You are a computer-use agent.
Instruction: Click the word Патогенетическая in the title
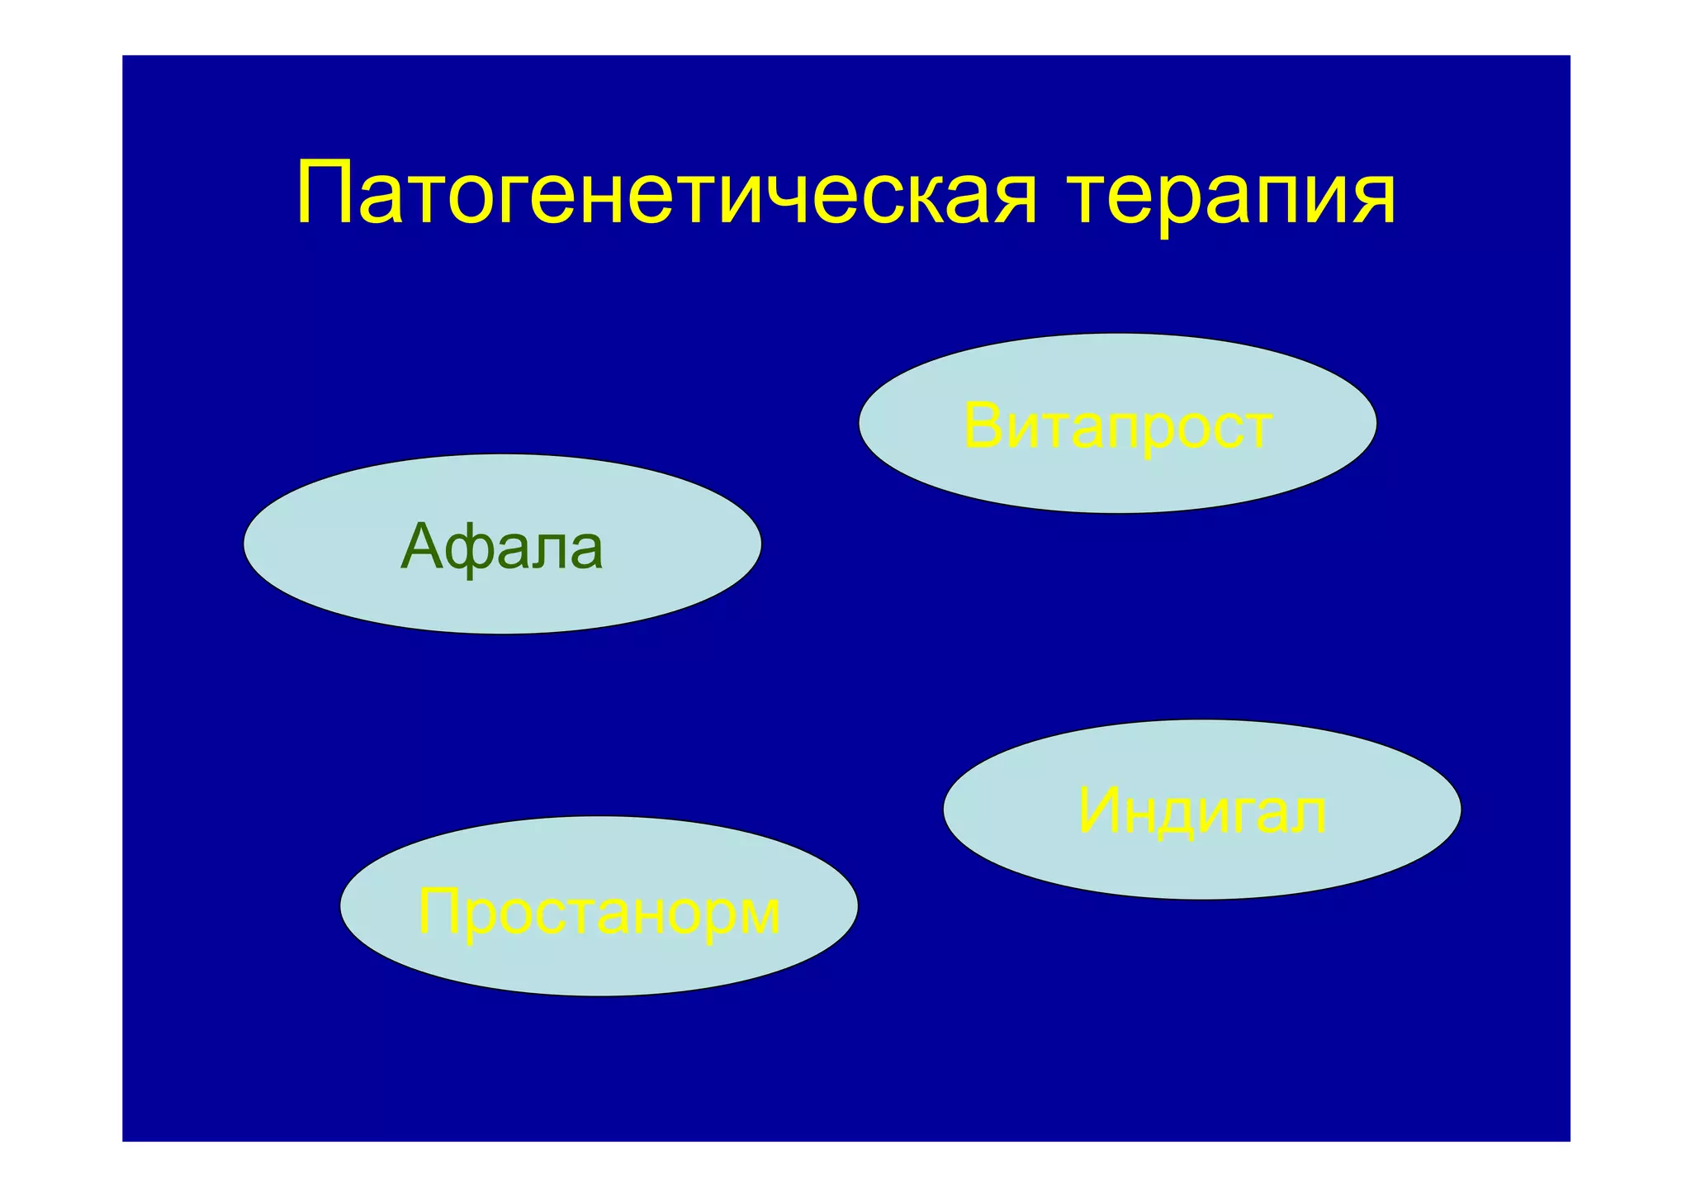pyautogui.click(x=666, y=196)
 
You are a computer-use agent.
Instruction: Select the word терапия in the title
pyautogui.click(x=1231, y=196)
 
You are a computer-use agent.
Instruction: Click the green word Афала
pyautogui.click(x=501, y=547)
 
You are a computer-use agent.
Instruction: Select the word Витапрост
pyautogui.click(x=1117, y=427)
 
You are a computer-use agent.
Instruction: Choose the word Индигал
pyautogui.click(x=1201, y=811)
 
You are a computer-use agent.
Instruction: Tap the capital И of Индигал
pyautogui.click(x=1099, y=811)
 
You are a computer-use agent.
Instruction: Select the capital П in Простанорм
pyautogui.click(x=438, y=911)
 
